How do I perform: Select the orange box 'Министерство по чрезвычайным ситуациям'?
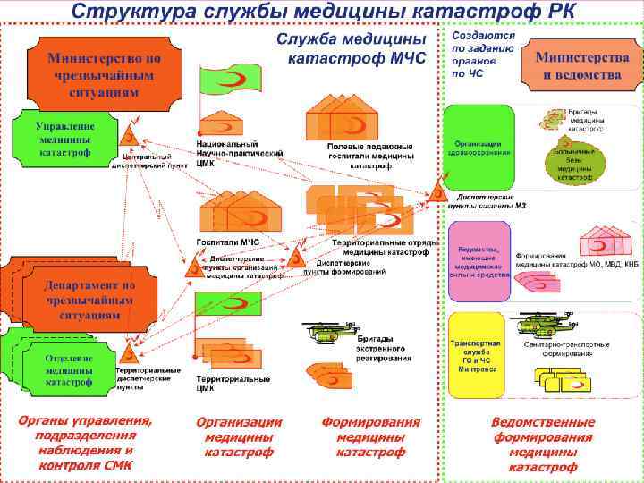pos(105,72)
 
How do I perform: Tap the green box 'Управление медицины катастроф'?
pos(64,140)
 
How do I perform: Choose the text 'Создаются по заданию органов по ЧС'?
pos(482,55)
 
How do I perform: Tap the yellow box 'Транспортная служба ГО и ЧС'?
pos(480,354)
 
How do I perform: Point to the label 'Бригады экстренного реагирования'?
pos(383,351)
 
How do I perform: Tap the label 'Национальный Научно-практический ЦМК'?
pos(239,151)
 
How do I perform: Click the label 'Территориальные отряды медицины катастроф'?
pos(385,248)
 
